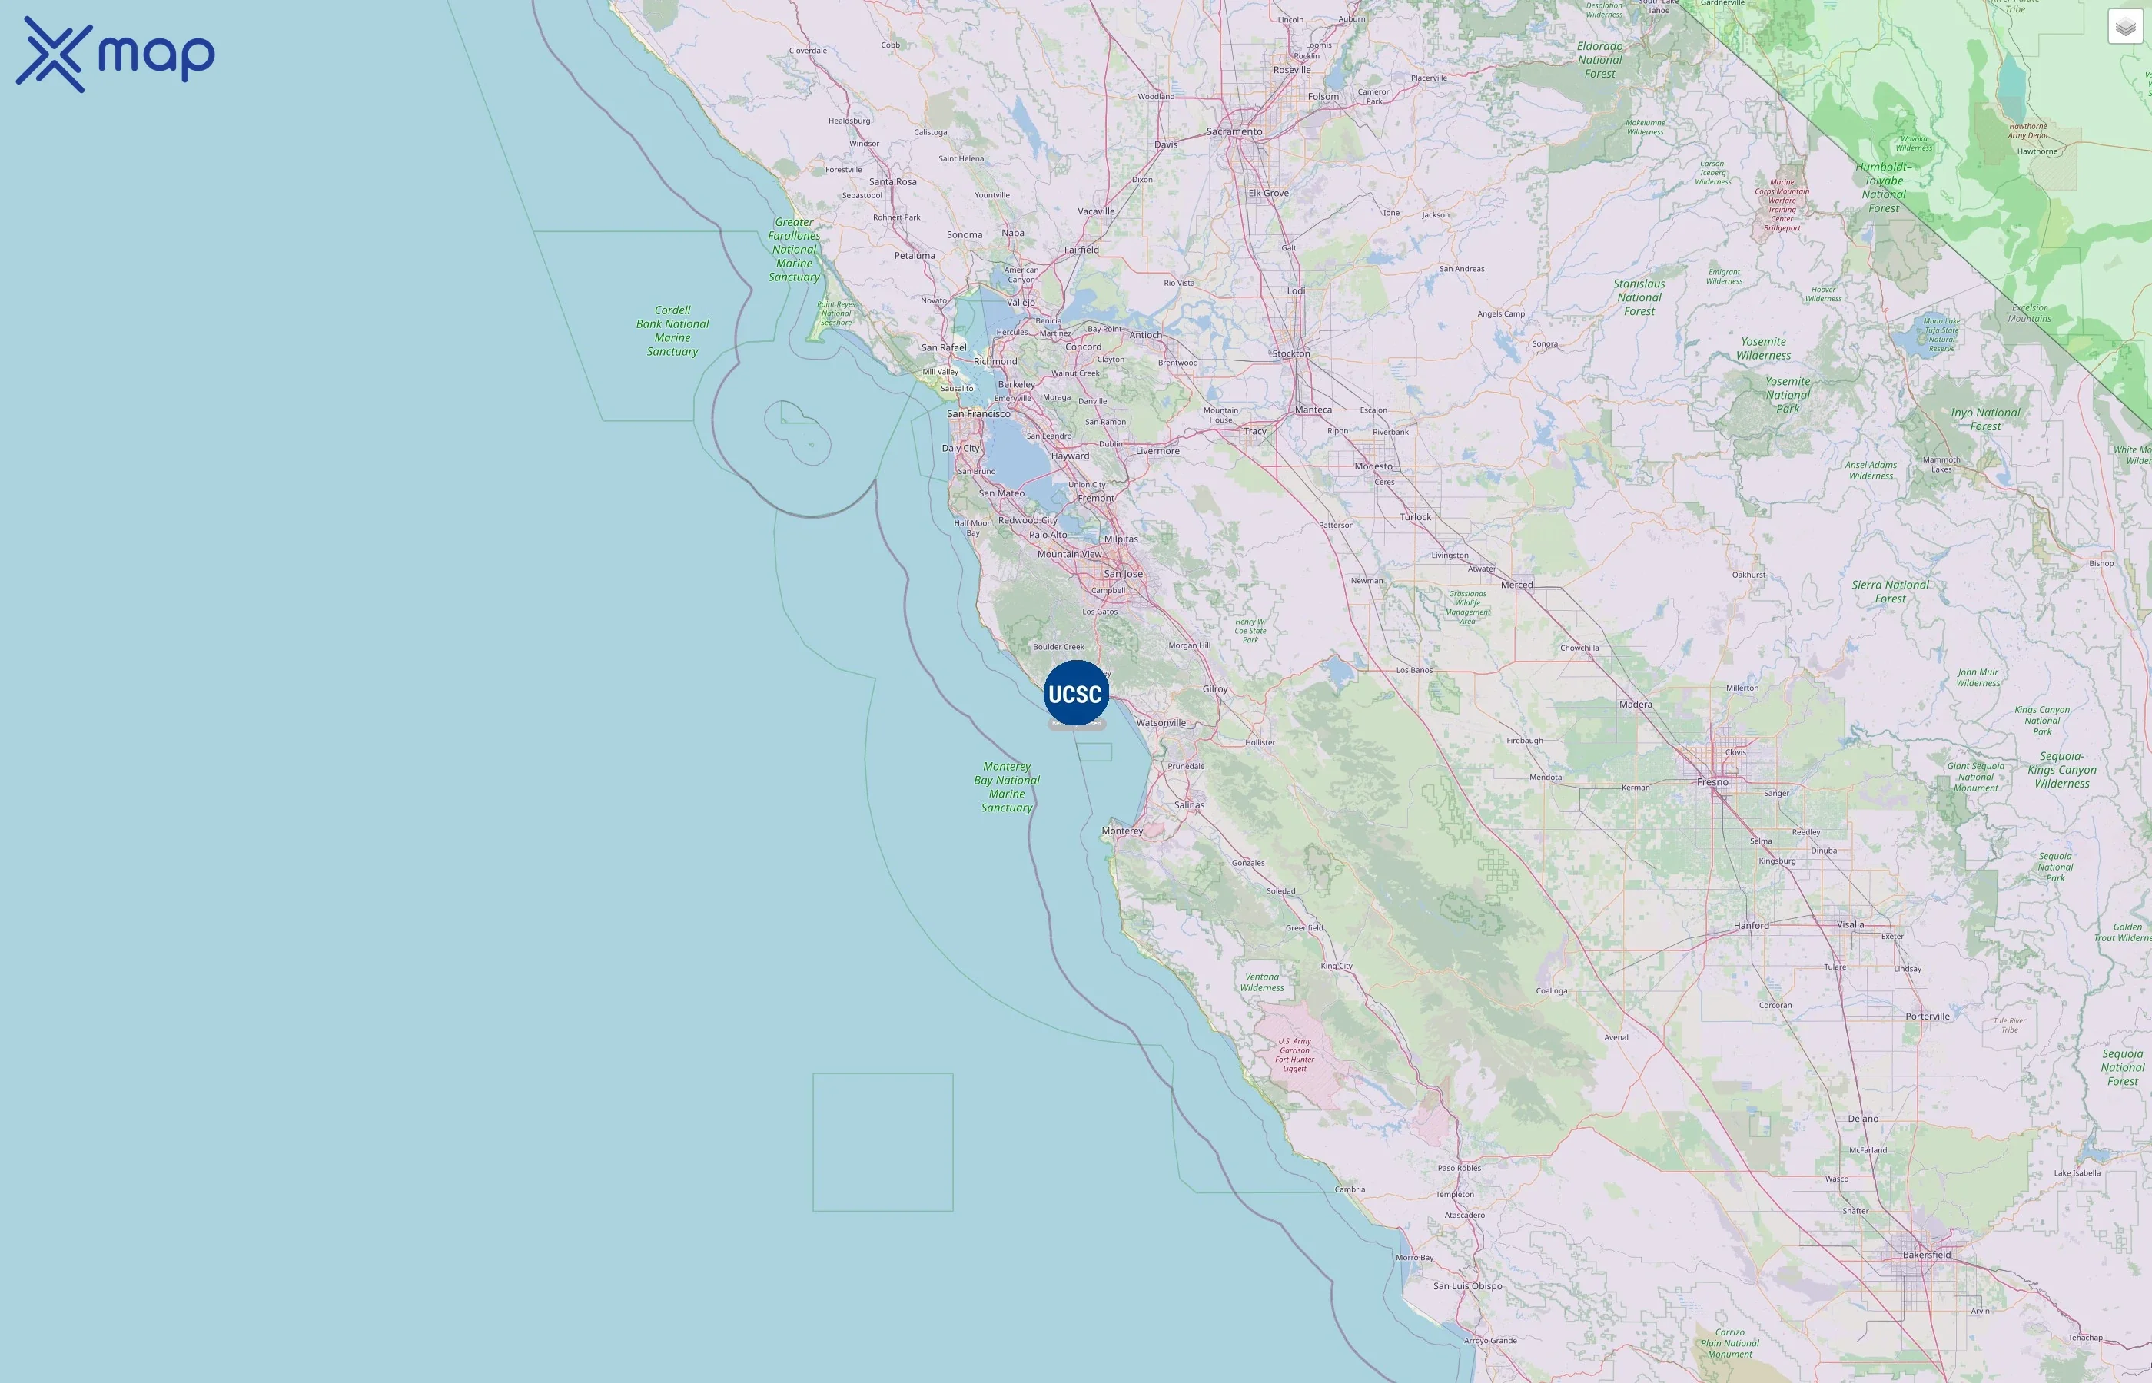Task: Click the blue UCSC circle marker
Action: tap(1076, 693)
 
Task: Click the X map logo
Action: tap(115, 54)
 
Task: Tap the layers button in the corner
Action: tap(2125, 27)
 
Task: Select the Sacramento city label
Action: tap(1234, 132)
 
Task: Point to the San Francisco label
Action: tap(978, 414)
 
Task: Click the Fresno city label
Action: tap(1712, 782)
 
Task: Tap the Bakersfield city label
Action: tap(1927, 1255)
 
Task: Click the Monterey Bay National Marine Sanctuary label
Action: tap(1007, 788)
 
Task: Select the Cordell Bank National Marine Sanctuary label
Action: tap(672, 330)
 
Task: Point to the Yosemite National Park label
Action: tap(1788, 395)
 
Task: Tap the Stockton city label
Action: tap(1290, 354)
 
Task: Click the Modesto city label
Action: tap(1373, 467)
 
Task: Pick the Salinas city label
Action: tap(1189, 805)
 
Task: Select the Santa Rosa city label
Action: tap(893, 181)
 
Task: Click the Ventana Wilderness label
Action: tap(1262, 983)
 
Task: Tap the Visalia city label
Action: tap(1850, 925)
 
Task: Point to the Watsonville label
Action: tap(1161, 723)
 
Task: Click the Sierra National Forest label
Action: tap(1890, 592)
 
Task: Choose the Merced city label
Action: tap(1517, 585)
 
